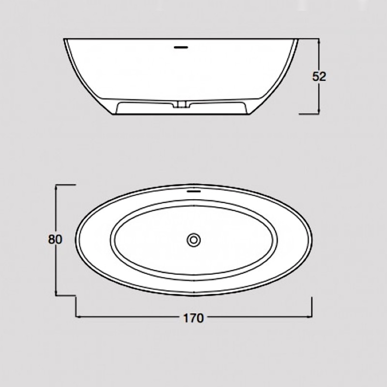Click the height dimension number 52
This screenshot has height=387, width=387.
(320, 76)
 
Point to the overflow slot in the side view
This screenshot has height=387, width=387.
(180, 47)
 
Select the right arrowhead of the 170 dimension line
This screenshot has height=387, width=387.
(310, 317)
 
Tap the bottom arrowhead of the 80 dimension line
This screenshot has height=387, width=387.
(58, 293)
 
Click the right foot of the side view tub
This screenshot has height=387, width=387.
(248, 110)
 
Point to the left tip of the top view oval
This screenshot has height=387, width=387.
(76, 240)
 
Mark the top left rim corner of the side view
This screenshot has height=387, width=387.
(64, 39)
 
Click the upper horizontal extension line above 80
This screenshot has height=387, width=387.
(67, 184)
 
